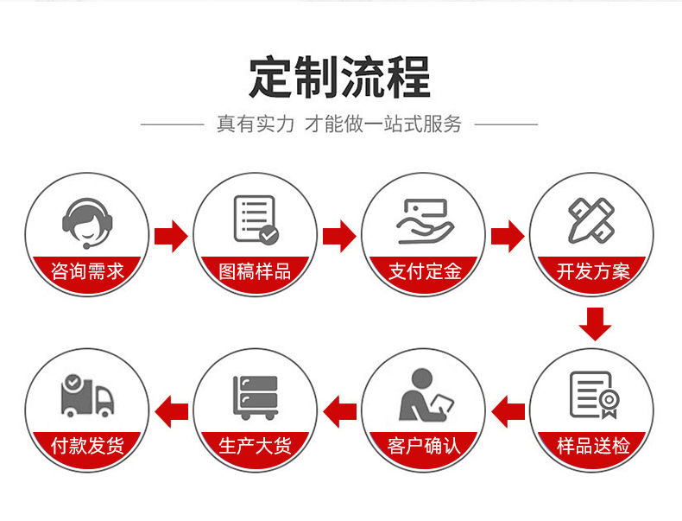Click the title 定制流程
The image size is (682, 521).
pos(339,78)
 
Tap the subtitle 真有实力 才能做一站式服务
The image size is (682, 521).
pos(339,124)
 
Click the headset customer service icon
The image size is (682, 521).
pos(87,219)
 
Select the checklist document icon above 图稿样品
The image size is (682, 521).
pos(256,219)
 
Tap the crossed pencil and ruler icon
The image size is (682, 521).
pos(591,219)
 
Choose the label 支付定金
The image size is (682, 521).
pos(425,271)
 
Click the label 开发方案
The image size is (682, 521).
pos(593,271)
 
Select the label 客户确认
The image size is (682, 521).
pos(425,446)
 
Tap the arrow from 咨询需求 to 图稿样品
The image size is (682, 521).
pos(171,235)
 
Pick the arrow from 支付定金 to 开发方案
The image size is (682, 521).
pos(508,235)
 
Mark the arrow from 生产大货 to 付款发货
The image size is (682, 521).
pos(170,409)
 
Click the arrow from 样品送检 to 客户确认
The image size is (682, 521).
pos(508,409)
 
